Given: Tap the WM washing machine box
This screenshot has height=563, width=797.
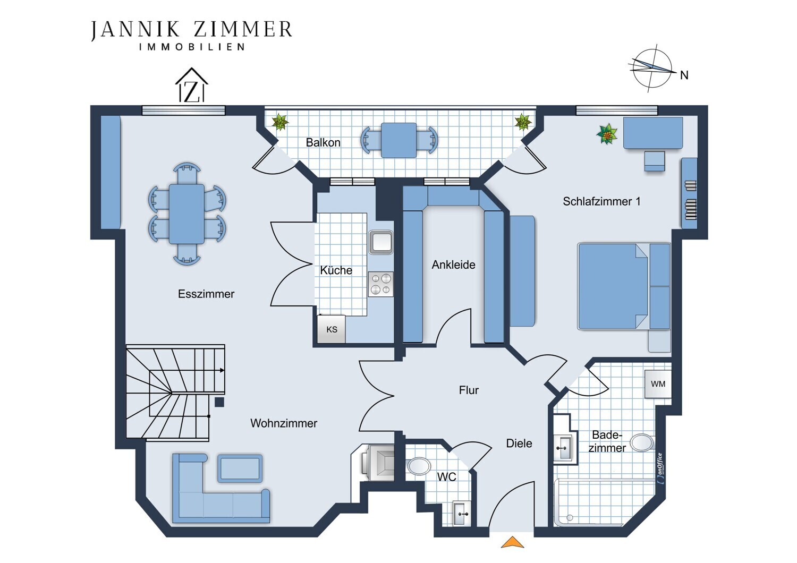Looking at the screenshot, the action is (658, 384).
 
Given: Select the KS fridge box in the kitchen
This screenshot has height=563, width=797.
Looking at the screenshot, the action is (331, 329).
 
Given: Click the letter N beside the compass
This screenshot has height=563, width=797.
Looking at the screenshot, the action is (684, 75).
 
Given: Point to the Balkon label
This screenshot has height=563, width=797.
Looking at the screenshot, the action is (323, 143).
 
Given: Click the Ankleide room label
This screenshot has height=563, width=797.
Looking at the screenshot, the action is (453, 265).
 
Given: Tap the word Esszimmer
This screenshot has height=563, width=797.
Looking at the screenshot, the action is (206, 294).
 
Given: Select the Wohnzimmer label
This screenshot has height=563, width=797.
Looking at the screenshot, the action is (284, 423).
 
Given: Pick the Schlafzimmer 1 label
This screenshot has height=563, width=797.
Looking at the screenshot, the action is (601, 201).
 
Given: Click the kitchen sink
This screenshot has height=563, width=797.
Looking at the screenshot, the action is (381, 243).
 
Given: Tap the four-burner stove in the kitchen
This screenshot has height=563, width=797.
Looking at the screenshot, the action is (381, 284).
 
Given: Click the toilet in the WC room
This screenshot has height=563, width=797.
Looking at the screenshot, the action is (418, 466).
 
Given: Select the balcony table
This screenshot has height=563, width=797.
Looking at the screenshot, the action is (398, 140).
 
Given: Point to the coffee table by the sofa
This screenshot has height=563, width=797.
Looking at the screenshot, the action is (240, 468).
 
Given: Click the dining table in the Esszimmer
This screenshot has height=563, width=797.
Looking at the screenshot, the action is (187, 214).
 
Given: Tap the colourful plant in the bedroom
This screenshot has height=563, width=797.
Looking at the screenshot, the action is (607, 134).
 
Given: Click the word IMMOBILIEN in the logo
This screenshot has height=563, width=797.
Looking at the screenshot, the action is (192, 47).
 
